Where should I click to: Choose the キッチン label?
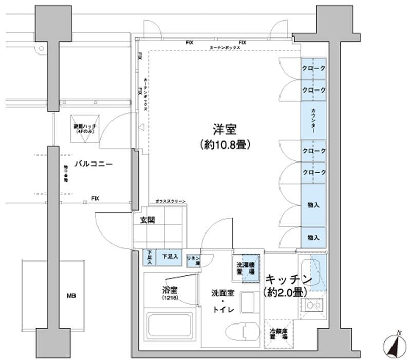tap(289, 280)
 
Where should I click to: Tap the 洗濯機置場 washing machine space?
tap(245, 268)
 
